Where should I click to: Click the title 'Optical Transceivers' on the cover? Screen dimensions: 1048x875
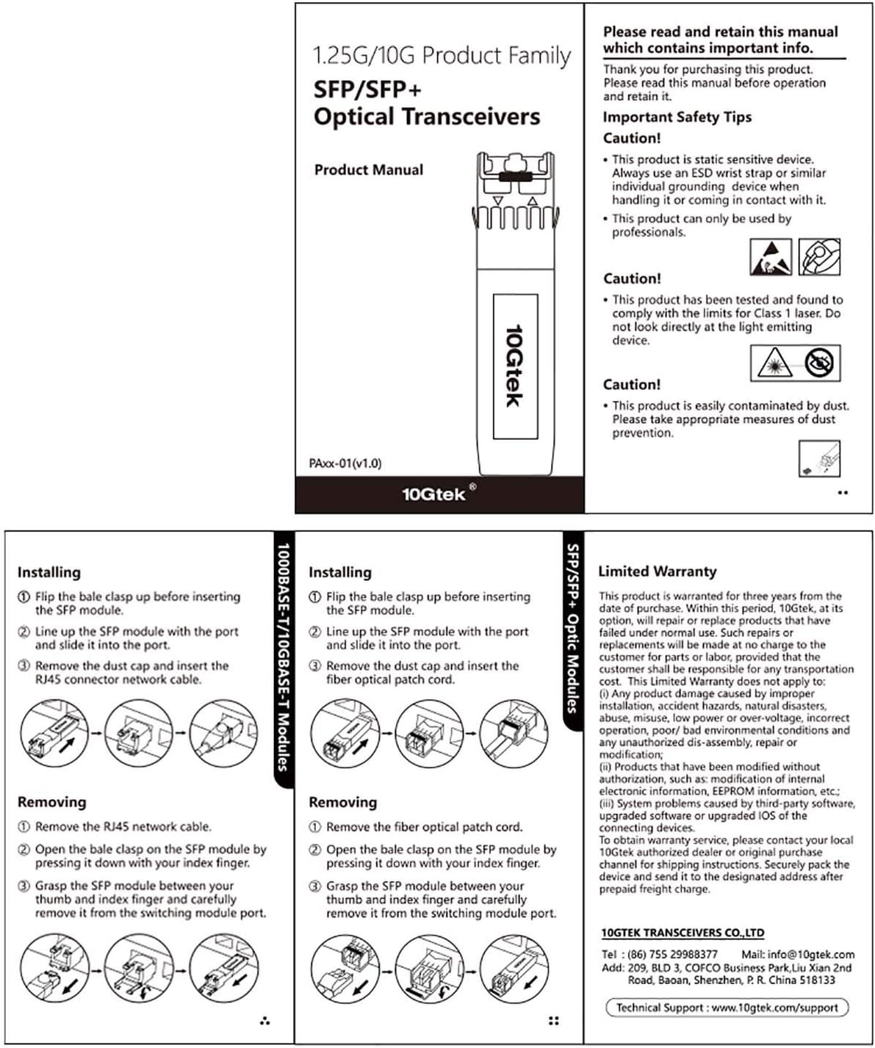tap(426, 117)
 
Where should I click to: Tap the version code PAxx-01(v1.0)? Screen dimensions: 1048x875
tap(345, 463)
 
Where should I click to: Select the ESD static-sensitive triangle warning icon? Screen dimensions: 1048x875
tap(771, 257)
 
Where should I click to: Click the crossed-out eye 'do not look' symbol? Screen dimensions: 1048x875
tap(819, 363)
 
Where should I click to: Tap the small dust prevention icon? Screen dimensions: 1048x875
tap(818, 459)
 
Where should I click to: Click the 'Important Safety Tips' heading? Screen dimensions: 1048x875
tap(677, 117)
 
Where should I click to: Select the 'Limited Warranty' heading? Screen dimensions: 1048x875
tap(657, 571)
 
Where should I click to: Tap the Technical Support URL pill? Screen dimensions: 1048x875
tap(727, 1008)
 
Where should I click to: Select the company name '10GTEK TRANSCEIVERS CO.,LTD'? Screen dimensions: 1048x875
tap(683, 933)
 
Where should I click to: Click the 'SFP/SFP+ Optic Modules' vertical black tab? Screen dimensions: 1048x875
tap(573, 628)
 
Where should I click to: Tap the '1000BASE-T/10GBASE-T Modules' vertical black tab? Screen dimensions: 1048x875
tap(282, 657)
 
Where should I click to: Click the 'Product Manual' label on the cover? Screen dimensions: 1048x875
tap(368, 170)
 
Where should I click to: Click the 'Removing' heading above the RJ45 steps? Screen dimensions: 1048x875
tap(51, 802)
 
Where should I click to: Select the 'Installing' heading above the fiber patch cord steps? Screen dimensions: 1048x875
tap(339, 572)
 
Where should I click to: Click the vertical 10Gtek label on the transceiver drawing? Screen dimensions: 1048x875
tap(514, 365)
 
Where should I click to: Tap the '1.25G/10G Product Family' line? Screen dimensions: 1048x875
tap(442, 56)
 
